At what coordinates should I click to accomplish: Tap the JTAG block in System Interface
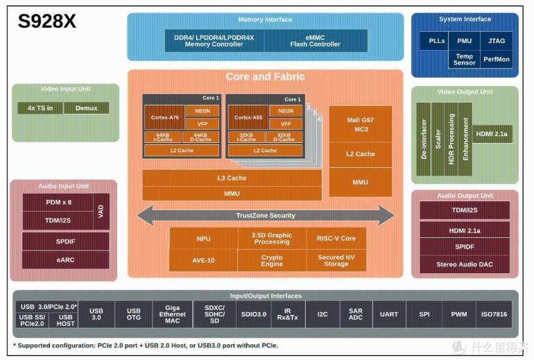(x=497, y=41)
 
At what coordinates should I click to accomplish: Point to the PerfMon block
(x=497, y=60)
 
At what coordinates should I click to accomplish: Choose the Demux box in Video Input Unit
(x=87, y=108)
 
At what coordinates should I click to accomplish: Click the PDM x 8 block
(x=58, y=202)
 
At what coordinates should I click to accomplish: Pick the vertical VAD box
(x=101, y=211)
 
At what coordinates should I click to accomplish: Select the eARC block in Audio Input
(x=58, y=259)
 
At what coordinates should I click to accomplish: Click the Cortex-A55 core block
(x=248, y=117)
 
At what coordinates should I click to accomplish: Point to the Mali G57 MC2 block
(x=361, y=124)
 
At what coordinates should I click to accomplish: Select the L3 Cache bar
(x=232, y=178)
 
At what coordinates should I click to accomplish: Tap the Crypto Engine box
(x=272, y=260)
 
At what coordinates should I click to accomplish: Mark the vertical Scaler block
(x=438, y=132)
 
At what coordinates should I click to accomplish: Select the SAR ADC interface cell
(x=355, y=315)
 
